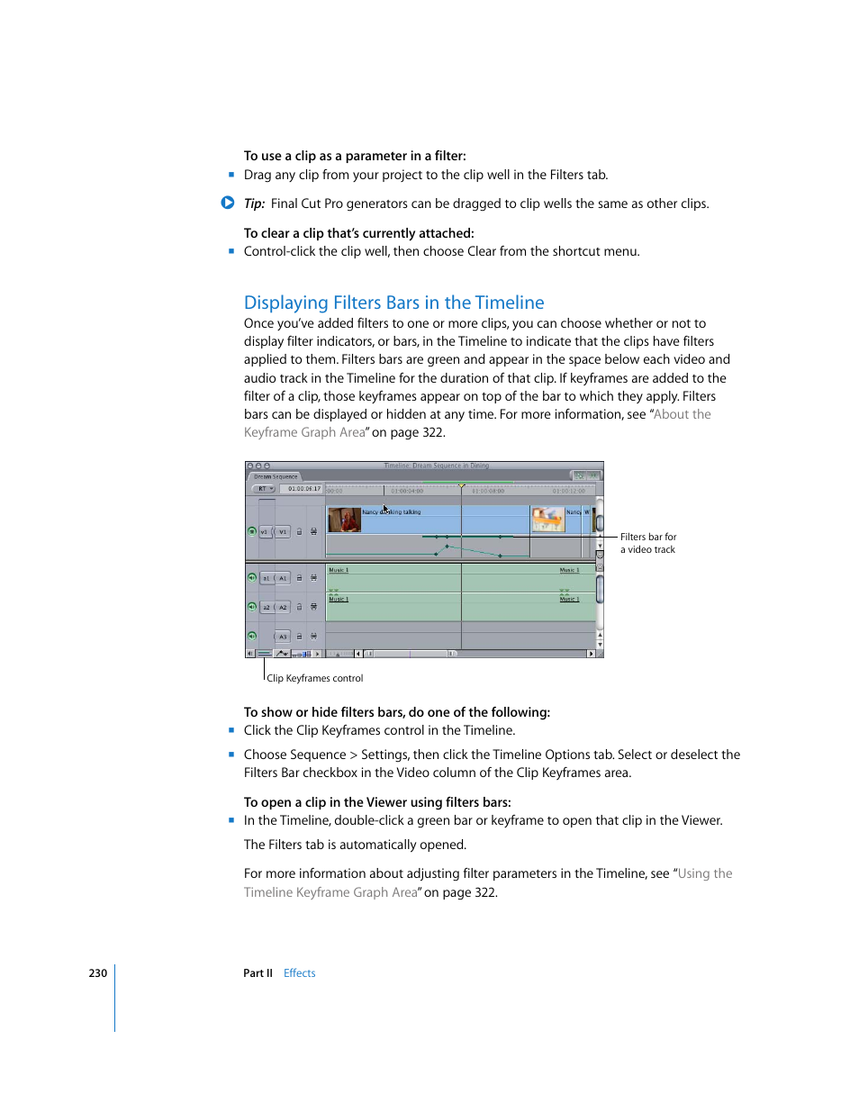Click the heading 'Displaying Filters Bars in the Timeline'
[x=393, y=303]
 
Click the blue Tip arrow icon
[x=228, y=203]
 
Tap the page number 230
[x=97, y=973]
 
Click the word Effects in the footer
[x=299, y=973]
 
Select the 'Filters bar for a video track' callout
[x=647, y=543]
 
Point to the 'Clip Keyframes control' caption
[x=314, y=678]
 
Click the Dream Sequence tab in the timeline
[x=276, y=476]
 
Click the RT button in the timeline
[x=264, y=489]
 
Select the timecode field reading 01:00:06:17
[x=303, y=489]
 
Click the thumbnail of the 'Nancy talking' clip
[x=344, y=520]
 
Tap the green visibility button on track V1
[x=252, y=531]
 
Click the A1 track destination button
[x=283, y=578]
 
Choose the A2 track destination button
[x=283, y=607]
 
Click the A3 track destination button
[x=283, y=637]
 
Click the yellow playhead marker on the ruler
[x=462, y=486]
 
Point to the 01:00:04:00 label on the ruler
[x=407, y=491]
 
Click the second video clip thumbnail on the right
[x=547, y=520]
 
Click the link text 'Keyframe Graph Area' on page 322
[x=304, y=432]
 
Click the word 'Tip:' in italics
[x=254, y=203]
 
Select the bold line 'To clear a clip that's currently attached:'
[x=358, y=233]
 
